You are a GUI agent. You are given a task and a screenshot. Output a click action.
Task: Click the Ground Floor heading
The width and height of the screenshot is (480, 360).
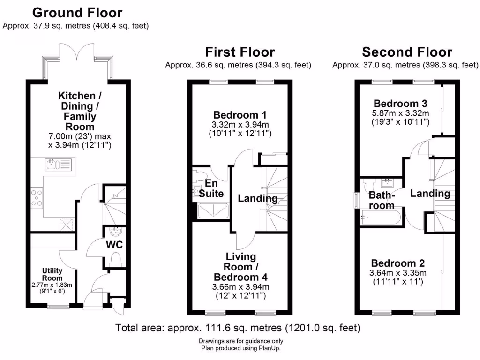(77, 13)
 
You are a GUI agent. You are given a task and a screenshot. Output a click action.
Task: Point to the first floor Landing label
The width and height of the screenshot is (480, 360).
(257, 199)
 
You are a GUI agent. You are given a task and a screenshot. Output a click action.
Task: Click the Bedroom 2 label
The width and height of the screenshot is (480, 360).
(399, 263)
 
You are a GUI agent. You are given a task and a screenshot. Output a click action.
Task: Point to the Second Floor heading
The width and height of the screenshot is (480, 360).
(407, 52)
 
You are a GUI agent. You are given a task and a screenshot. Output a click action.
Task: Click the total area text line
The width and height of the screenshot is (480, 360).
(238, 328)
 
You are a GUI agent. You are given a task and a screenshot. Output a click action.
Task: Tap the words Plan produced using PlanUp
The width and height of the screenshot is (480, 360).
(241, 348)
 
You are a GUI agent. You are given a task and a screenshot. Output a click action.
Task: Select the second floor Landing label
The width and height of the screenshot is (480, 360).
(430, 194)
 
